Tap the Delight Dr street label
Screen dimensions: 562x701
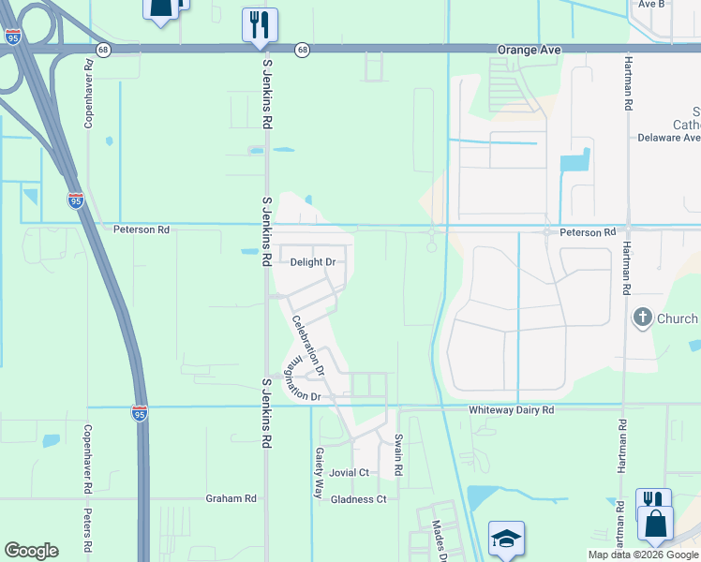313,262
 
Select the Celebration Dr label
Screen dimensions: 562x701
306,345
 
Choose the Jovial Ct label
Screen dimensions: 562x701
350,473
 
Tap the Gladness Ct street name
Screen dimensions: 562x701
359,499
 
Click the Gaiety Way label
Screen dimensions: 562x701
320,471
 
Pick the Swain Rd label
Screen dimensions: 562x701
398,453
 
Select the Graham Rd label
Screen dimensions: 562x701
231,499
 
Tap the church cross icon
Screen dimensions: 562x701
643,318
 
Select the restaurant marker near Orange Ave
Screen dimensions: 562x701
260,22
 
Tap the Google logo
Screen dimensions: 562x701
32,551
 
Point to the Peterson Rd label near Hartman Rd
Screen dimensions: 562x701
588,231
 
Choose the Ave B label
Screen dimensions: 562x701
650,4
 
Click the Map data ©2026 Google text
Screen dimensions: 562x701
642,555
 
